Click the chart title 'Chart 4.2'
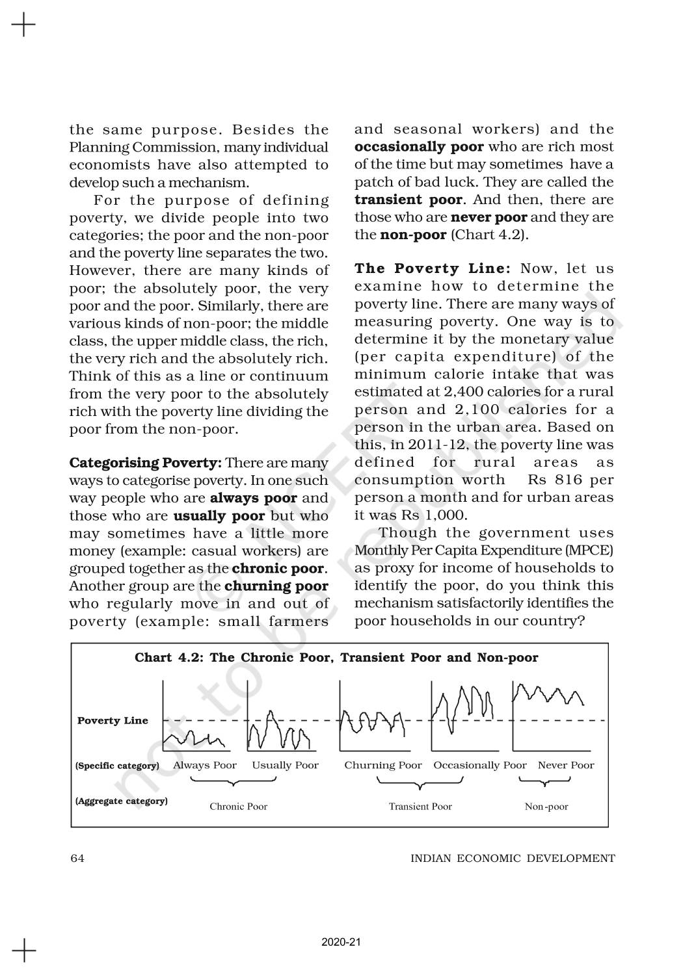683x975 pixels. (x=336, y=657)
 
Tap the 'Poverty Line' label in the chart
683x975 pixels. (x=113, y=720)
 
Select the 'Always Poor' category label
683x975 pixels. (x=204, y=765)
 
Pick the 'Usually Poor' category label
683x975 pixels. (x=285, y=765)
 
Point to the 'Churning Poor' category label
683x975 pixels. (x=383, y=765)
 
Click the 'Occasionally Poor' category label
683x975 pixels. (x=479, y=765)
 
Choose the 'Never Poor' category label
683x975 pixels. (x=566, y=765)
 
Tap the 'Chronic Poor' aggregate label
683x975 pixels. (x=238, y=807)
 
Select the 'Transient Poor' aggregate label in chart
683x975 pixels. (x=420, y=807)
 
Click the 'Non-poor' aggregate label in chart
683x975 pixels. (x=546, y=807)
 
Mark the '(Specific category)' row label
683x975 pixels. (x=117, y=766)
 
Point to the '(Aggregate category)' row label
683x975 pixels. (x=121, y=801)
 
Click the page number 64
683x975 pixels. (x=77, y=858)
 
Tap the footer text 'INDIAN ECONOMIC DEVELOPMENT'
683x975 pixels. (x=513, y=858)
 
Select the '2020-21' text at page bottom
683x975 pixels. (x=341, y=942)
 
